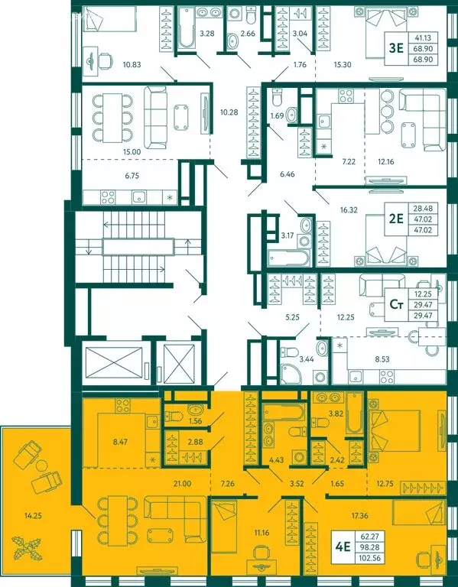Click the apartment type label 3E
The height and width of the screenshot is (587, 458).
396,47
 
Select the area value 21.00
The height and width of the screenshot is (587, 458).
181,484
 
